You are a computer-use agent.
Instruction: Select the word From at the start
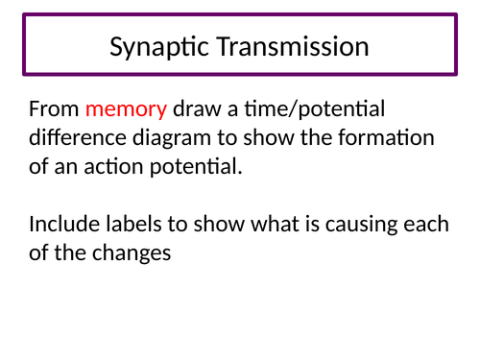click(54, 108)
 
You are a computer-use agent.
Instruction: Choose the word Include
click(65, 225)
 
